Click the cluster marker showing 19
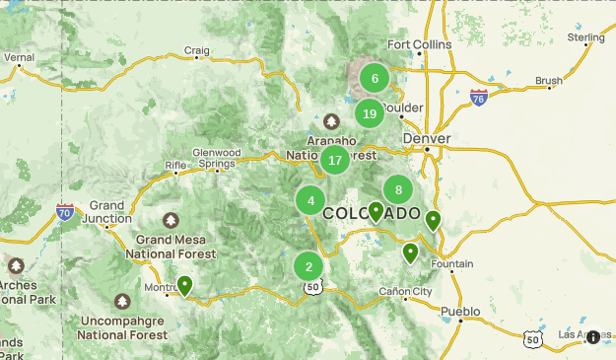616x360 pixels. [370, 113]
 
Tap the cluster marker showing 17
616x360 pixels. [335, 160]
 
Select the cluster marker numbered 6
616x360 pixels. [375, 78]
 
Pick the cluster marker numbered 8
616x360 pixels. [398, 190]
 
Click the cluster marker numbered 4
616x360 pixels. [310, 201]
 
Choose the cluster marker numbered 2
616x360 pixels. [308, 266]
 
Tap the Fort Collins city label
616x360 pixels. [419, 44]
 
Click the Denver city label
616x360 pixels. [427, 139]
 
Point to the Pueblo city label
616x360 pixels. [460, 311]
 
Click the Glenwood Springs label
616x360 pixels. [216, 158]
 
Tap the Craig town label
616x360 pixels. [197, 50]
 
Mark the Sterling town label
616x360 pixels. [585, 37]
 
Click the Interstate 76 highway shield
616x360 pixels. [479, 97]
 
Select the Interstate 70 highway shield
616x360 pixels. [65, 212]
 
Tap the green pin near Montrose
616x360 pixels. [184, 286]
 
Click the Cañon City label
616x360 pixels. [405, 292]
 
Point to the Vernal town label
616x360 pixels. [19, 58]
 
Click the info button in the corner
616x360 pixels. [592, 337]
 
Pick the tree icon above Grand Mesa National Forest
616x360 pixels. [171, 220]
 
